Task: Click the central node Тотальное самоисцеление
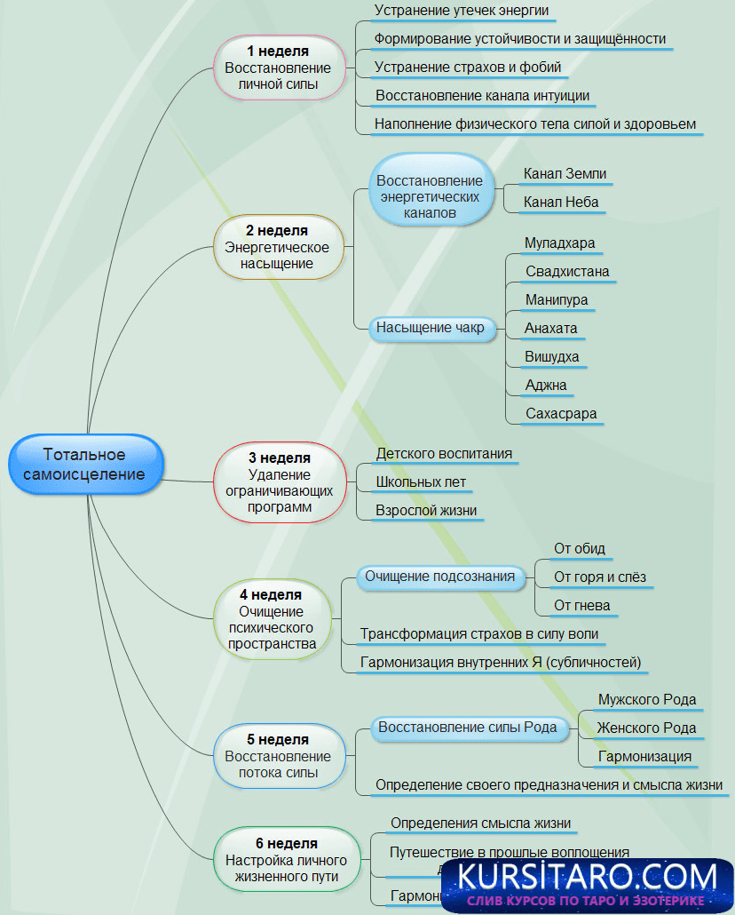coord(84,464)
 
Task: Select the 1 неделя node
coord(278,68)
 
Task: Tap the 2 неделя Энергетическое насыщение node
coord(277,247)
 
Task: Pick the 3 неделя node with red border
coord(280,482)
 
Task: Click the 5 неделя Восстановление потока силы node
coord(278,756)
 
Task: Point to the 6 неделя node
coord(286,860)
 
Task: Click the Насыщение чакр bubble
coord(430,328)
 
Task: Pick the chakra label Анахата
coord(550,328)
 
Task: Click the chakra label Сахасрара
coord(561,413)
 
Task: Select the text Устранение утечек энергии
coord(462,11)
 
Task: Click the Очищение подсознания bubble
coord(439,576)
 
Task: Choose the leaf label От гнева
coord(582,605)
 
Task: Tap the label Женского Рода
coord(646,728)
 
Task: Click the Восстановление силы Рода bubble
coord(468,728)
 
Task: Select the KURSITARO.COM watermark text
coord(587,876)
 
